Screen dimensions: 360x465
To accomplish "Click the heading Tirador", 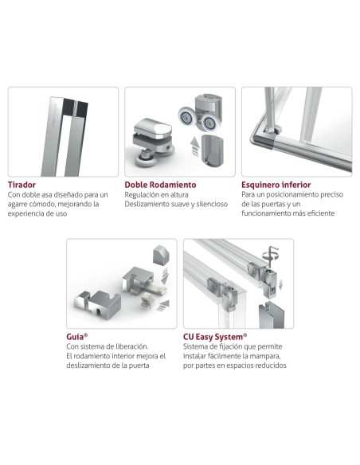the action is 22,185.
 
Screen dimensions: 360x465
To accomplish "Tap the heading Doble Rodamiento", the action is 160,185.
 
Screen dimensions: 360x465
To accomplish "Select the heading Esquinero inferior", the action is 276,185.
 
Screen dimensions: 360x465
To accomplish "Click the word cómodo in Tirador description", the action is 41,204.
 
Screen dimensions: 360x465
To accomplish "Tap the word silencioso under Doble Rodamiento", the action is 212,204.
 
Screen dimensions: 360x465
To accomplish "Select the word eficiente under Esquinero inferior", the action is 321,213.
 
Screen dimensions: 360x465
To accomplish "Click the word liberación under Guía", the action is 132,346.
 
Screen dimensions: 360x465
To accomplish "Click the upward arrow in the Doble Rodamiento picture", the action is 194,147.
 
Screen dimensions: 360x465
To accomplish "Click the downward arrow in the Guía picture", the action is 165,275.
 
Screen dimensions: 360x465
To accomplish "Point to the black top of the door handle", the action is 75,107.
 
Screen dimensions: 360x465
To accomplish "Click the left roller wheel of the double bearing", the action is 186,116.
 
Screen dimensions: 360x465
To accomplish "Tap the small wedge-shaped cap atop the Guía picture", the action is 161,255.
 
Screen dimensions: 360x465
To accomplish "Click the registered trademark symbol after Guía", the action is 86,335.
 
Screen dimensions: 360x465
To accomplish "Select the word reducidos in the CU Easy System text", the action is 272,365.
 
